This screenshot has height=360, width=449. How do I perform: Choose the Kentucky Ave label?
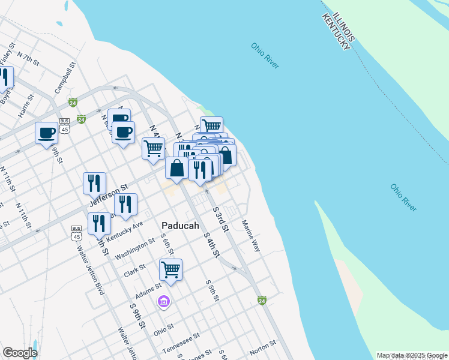(x=125, y=232)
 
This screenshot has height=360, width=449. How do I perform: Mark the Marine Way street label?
(x=251, y=235)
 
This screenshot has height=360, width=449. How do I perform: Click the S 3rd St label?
(x=221, y=219)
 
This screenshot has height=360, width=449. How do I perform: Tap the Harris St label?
(x=25, y=106)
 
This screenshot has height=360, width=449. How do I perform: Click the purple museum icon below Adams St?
(x=164, y=301)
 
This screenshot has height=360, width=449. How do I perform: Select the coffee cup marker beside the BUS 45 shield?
(x=46, y=133)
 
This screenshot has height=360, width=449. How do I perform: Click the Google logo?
(x=20, y=353)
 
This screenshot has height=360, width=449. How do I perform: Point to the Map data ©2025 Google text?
(x=411, y=355)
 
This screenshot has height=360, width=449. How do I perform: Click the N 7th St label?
(x=28, y=59)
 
